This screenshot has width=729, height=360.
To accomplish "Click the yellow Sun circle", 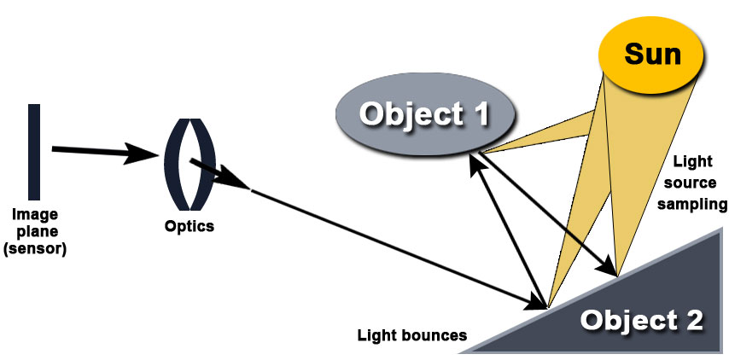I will [653, 54].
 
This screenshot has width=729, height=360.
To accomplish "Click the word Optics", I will [190, 227].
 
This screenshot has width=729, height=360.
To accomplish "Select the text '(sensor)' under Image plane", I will [34, 249].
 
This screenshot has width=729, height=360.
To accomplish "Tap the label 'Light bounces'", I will [411, 335].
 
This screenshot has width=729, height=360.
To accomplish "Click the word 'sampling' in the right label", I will [698, 205].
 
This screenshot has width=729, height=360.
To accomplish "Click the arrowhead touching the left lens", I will [146, 155].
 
